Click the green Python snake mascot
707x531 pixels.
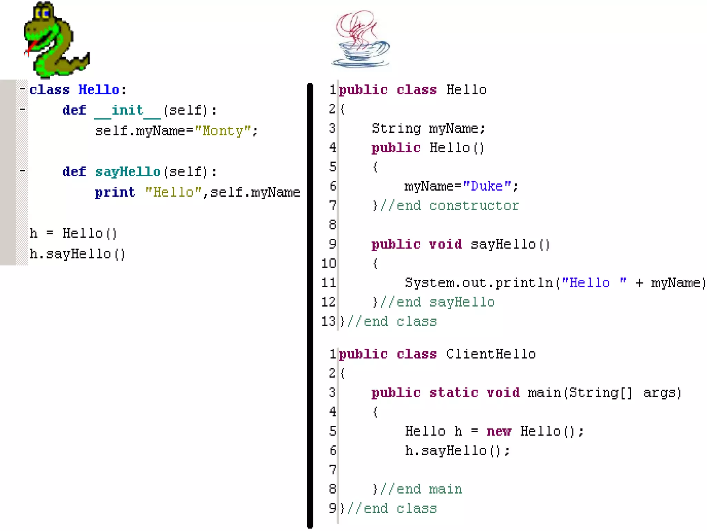coord(55,40)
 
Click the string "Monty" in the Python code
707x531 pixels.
coord(223,131)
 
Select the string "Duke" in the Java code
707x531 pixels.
coord(487,186)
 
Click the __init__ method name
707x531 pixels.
coord(127,111)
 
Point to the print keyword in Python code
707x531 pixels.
coord(115,192)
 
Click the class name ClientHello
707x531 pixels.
coord(491,354)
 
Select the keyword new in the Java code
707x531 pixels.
coord(499,431)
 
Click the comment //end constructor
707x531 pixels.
coord(449,206)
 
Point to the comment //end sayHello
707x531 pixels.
coord(437,302)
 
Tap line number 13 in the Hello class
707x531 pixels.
coord(328,322)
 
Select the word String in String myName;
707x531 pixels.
coord(396,129)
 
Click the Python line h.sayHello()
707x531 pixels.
coord(78,254)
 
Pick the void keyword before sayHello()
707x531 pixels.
coord(445,244)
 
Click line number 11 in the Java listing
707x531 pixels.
coord(328,283)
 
